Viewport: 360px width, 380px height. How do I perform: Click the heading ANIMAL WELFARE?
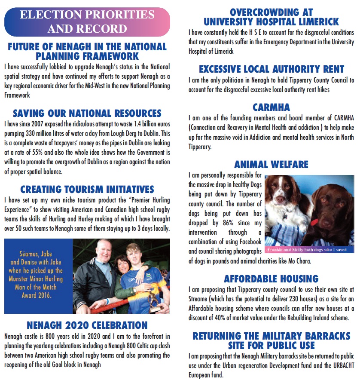[x=271, y=164]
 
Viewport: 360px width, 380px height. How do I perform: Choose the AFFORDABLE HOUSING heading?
[x=271, y=279]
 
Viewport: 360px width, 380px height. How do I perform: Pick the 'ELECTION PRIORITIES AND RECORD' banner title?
[x=87, y=22]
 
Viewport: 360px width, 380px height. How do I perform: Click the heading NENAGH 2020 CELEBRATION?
[x=87, y=325]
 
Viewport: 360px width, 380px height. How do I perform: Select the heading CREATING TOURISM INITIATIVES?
[x=87, y=189]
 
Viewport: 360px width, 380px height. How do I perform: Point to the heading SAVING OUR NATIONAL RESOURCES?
[x=87, y=113]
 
